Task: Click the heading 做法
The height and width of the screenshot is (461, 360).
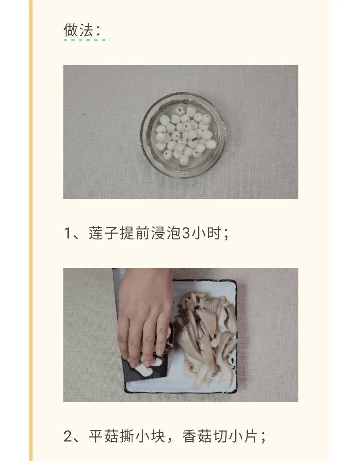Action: (x=78, y=30)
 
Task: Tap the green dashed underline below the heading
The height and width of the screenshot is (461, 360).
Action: (x=87, y=40)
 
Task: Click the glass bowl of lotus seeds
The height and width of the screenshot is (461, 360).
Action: (x=183, y=135)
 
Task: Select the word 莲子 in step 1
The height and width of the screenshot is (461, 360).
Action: (x=103, y=233)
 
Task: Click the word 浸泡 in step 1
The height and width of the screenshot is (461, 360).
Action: (x=166, y=233)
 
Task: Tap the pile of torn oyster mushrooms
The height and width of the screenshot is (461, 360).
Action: (x=206, y=337)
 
